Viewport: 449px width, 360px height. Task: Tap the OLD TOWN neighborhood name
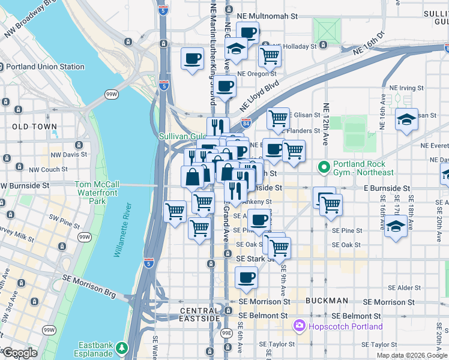[x=34, y=127]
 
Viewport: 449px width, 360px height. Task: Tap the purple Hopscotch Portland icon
[x=298, y=326]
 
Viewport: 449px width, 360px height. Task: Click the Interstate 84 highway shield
[x=246, y=123]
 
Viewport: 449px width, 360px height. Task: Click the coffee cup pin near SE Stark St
[x=246, y=278]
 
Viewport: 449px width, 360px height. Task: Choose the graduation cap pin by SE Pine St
[x=394, y=226]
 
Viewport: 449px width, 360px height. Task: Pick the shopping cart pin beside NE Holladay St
[x=270, y=56]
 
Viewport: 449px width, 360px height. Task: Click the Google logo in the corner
[x=19, y=352]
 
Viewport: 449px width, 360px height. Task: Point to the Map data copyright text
[x=412, y=355]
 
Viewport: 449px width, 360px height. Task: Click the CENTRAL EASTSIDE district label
[x=200, y=314]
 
